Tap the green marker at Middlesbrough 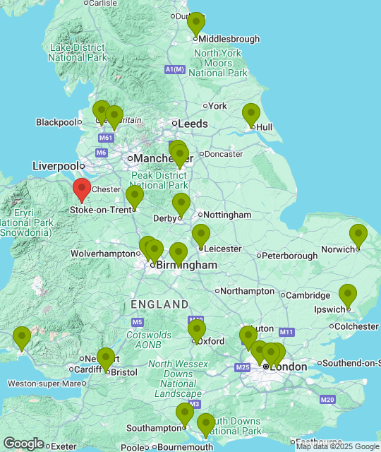(x=196, y=23)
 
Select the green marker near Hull (x=251, y=114)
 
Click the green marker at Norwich (x=358, y=235)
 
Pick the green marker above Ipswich (x=347, y=295)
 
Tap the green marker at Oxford (x=197, y=330)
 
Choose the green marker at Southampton (x=185, y=414)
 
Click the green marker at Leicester (x=201, y=235)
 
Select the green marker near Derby (x=181, y=204)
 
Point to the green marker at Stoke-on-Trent (x=135, y=196)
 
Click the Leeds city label (x=193, y=124)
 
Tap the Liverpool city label (x=55, y=166)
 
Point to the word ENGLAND (x=159, y=304)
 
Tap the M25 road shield (x=243, y=367)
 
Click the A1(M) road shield (x=174, y=69)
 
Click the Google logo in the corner (x=23, y=443)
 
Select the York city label (x=217, y=106)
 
